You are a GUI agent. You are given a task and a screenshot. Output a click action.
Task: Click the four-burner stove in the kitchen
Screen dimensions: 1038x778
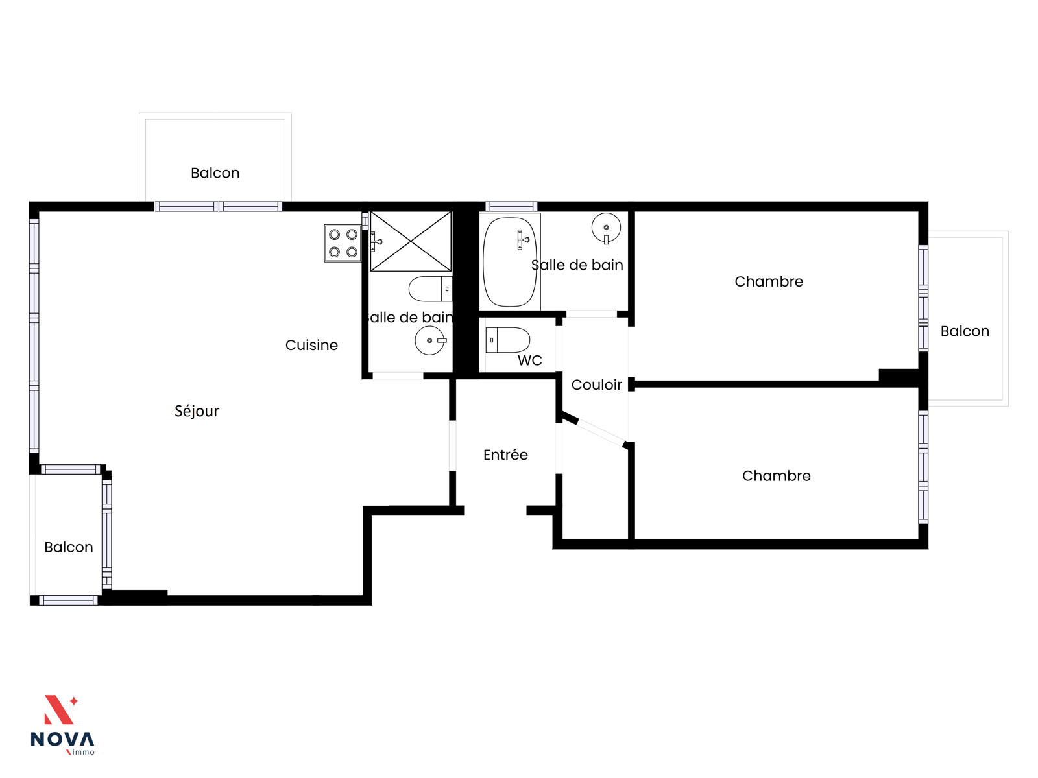343,243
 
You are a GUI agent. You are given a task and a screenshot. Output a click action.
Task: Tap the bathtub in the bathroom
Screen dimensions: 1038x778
509,262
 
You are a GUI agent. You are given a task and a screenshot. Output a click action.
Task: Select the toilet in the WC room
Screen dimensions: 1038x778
507,340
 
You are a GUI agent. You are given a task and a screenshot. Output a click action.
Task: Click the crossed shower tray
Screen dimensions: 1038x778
411,241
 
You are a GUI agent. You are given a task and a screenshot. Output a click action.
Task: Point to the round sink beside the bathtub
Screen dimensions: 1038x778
606,228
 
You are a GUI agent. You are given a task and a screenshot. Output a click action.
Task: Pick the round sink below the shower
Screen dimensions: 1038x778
430,340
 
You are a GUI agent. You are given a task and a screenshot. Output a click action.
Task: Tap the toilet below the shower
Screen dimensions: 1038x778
430,289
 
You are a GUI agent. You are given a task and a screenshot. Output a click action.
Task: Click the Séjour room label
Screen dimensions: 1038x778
197,411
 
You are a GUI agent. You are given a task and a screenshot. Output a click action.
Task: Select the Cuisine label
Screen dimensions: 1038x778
311,346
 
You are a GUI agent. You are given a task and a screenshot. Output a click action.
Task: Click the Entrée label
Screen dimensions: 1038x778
505,455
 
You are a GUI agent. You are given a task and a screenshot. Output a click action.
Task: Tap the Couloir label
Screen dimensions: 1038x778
596,385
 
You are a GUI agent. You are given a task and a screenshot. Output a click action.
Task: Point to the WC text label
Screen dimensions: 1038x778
529,361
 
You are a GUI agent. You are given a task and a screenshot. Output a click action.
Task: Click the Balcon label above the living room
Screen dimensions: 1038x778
215,173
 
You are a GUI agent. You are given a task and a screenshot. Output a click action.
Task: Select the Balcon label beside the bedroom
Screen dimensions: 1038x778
965,331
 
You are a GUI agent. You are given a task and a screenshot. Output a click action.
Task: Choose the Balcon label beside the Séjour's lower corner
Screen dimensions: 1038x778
69,547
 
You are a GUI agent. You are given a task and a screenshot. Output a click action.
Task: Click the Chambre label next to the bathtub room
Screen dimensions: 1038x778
769,282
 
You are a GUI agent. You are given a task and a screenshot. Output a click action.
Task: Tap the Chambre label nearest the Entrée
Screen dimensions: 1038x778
776,476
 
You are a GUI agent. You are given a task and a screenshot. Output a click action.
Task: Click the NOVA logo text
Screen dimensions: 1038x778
62,740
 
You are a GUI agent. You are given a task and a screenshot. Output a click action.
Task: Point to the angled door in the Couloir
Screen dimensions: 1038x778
600,433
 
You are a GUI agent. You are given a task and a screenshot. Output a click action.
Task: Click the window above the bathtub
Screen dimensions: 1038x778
511,206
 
